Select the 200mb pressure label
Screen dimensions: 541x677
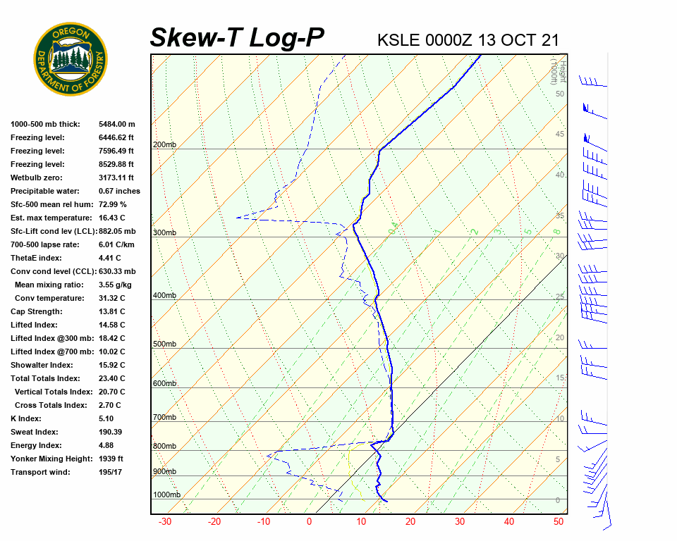click(x=164, y=145)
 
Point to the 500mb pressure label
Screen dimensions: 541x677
click(x=164, y=344)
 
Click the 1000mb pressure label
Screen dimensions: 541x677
click(x=166, y=495)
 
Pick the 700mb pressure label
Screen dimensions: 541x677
click(x=164, y=418)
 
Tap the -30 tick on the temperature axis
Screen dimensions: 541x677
click(x=165, y=522)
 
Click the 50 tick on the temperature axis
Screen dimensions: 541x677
click(x=559, y=522)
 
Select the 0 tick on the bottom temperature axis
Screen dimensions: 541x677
click(x=309, y=522)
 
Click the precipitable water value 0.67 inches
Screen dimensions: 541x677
click(x=119, y=191)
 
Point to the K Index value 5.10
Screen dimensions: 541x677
click(x=107, y=418)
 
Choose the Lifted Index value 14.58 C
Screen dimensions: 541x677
click(x=112, y=325)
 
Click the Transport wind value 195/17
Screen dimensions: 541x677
click(x=111, y=472)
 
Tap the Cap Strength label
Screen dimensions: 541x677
click(x=37, y=311)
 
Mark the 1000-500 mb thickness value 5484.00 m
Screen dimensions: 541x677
click(x=116, y=124)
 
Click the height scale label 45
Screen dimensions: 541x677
click(x=560, y=135)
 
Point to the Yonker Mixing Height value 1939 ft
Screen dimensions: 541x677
click(x=111, y=459)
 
